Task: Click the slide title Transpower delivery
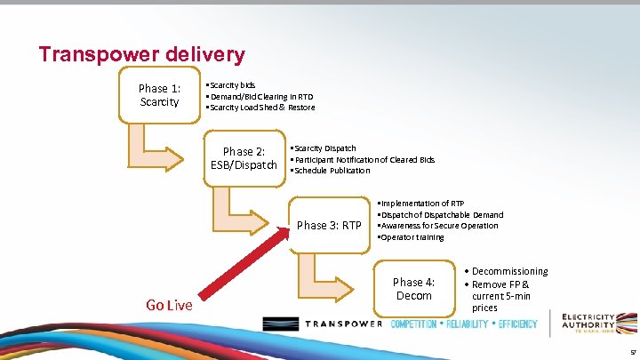coord(141,54)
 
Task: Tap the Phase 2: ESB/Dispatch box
coord(244,158)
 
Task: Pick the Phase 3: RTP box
coord(329,225)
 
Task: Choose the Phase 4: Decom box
coord(413,289)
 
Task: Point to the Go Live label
coord(169,305)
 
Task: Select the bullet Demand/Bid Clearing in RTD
coord(260,96)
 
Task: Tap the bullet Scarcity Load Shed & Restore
coord(260,108)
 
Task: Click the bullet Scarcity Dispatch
coord(324,148)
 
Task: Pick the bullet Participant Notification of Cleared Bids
coord(364,159)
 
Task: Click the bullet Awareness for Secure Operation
coord(438,226)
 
